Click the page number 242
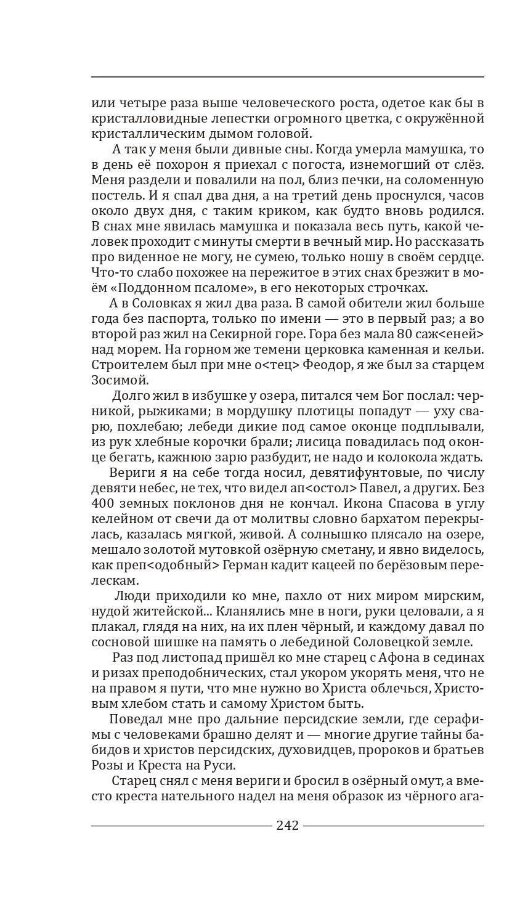[x=288, y=826]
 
